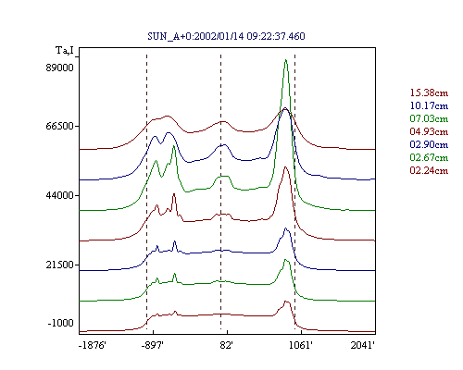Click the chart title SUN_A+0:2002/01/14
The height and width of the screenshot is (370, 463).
point(195,36)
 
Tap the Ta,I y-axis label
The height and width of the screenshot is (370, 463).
point(65,50)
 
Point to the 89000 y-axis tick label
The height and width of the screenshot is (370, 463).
point(60,68)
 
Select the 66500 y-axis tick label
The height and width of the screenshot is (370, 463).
point(60,126)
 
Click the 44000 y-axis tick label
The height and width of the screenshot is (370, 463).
point(60,195)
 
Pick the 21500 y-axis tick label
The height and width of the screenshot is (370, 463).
point(60,265)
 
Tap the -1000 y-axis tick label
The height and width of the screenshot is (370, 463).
point(61,323)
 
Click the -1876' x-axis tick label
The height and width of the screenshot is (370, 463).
point(93,345)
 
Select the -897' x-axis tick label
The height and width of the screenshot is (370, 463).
point(153,345)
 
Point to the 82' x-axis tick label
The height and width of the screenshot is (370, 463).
point(227,345)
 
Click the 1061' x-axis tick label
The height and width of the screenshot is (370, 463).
point(301,345)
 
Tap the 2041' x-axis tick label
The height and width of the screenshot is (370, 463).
point(363,345)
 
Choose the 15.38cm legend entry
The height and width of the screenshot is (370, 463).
point(429,92)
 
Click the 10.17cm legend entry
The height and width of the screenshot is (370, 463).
point(429,105)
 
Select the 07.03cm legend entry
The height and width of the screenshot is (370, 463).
point(429,118)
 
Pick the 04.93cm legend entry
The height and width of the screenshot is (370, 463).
point(429,131)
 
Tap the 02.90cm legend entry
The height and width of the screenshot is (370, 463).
point(429,144)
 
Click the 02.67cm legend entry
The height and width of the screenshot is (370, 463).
point(429,157)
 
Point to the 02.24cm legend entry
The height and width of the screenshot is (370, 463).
point(429,170)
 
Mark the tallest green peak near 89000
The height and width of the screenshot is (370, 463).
point(286,60)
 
